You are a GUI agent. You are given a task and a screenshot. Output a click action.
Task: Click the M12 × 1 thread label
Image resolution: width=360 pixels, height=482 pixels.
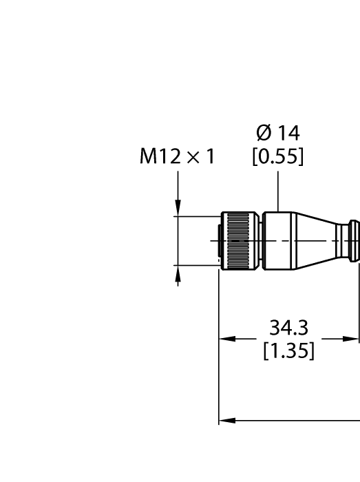coord(178,157)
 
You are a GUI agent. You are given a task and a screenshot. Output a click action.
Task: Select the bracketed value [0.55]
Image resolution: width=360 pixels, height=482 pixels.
coord(277,157)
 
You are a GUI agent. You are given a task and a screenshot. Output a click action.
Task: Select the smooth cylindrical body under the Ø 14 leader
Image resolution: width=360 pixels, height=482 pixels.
coord(278,240)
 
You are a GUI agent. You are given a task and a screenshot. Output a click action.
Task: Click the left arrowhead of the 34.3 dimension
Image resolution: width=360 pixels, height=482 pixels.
coord(226,339)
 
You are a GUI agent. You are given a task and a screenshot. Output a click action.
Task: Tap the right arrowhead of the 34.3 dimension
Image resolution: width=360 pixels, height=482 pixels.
coord(352,339)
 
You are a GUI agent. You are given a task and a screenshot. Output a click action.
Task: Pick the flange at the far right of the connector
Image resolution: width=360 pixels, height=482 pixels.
coord(354,240)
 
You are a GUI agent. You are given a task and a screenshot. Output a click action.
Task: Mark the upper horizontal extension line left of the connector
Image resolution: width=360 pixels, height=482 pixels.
coord(196,216)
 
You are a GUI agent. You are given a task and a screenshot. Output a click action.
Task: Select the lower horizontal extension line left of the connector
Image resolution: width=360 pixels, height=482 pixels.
coord(196,264)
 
